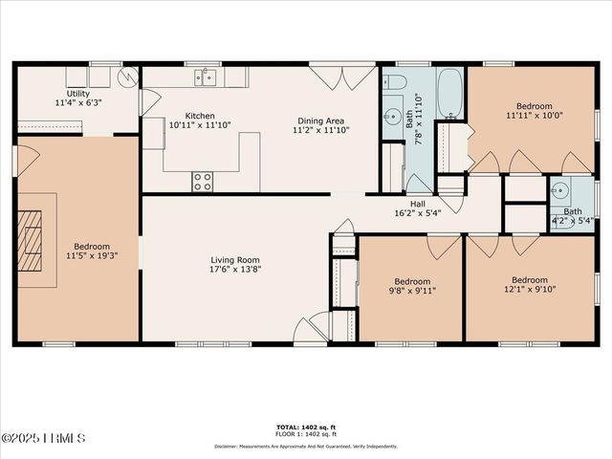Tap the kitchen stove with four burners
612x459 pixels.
click(203, 181)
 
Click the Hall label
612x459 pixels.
click(418, 204)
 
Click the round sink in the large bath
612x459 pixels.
click(393, 118)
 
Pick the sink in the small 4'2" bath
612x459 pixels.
click(559, 189)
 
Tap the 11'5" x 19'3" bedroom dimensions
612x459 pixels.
click(87, 256)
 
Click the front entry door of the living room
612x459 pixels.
click(311, 331)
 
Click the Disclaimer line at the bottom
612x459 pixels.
click(305, 445)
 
